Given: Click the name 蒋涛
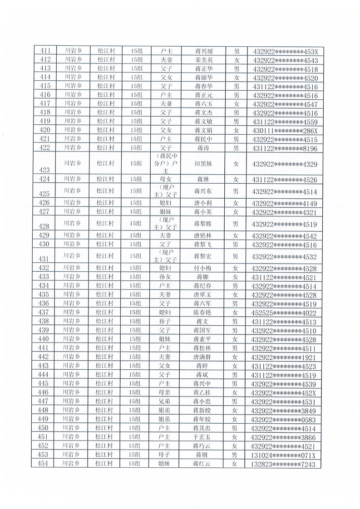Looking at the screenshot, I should (x=204, y=148).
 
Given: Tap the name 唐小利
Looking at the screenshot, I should (x=204, y=202).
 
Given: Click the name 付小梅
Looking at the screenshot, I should (x=204, y=268).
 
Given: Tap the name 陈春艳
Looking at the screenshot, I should (x=204, y=312).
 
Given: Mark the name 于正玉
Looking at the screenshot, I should (x=204, y=436).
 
